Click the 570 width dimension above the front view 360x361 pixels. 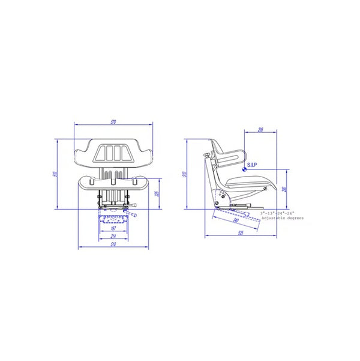point(113,123)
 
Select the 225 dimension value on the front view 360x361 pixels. point(156,193)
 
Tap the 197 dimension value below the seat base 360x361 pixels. point(113,229)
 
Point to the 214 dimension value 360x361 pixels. point(113,237)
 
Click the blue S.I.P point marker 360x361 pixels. point(245,170)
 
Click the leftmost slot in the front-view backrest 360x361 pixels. point(101,153)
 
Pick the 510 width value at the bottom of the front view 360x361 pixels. point(113,245)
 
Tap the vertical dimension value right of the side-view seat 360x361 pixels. point(284,189)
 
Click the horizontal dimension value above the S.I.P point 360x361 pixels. point(260,129)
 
